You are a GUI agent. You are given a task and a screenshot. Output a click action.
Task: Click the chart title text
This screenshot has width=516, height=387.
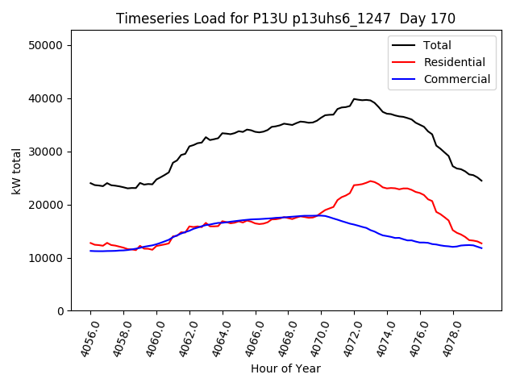pos(285,19)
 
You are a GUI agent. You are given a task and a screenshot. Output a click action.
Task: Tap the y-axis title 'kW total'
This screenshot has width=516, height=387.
pos(16,170)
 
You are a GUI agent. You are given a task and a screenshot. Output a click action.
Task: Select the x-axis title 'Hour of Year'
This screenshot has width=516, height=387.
pos(285,368)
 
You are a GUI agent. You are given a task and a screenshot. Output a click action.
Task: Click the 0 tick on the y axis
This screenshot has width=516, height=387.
pos(60,311)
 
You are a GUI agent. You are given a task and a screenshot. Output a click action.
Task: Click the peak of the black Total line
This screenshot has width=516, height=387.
pos(354,99)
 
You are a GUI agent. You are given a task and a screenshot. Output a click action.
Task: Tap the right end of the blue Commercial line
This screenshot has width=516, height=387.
pos(481,248)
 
